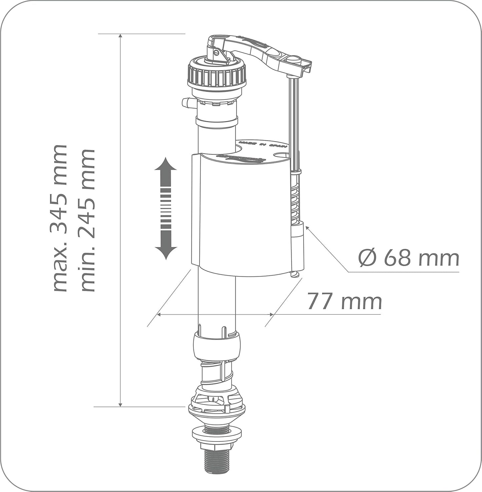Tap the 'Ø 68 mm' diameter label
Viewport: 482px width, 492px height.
[409, 258]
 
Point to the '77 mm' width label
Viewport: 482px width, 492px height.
[344, 301]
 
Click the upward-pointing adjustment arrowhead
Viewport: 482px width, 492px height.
[165, 165]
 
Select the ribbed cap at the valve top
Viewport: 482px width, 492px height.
[217, 76]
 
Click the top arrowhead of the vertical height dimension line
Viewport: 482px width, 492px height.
[120, 36]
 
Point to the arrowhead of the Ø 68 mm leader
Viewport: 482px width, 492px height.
[307, 228]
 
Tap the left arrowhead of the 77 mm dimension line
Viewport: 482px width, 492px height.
[159, 315]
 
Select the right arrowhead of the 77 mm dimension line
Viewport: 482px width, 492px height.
[272, 315]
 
